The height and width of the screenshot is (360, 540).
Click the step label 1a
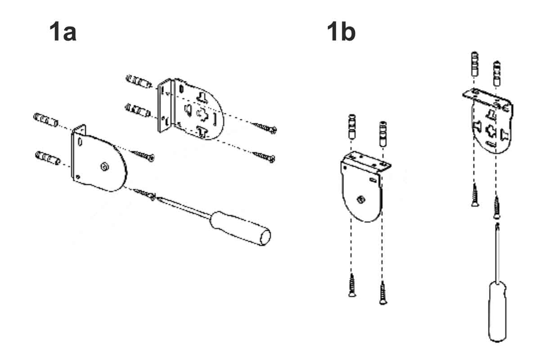(x=63, y=31)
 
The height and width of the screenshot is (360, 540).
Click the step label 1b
(x=341, y=31)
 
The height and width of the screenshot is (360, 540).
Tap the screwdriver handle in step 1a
(x=240, y=228)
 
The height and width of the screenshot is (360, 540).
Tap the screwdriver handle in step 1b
(x=497, y=311)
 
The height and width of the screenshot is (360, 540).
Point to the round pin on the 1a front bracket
(x=104, y=166)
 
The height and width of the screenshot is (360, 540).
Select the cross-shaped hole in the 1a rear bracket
(x=202, y=115)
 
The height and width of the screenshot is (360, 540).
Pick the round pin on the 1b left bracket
(x=361, y=199)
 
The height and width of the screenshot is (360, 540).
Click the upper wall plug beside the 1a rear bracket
(x=139, y=81)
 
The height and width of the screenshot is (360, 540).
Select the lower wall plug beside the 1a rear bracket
(x=138, y=111)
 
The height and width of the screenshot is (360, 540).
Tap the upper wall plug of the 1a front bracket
(x=46, y=120)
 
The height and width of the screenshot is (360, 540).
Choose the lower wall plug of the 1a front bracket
(x=48, y=158)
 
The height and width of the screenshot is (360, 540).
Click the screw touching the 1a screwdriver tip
(x=144, y=194)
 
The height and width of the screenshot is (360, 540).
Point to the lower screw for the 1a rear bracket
(x=264, y=157)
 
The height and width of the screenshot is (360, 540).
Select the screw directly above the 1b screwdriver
(x=496, y=207)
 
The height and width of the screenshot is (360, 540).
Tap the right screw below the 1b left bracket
(x=383, y=293)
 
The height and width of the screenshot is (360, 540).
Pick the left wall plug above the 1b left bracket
(x=352, y=127)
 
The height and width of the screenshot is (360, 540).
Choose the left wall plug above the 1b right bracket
(x=475, y=64)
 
